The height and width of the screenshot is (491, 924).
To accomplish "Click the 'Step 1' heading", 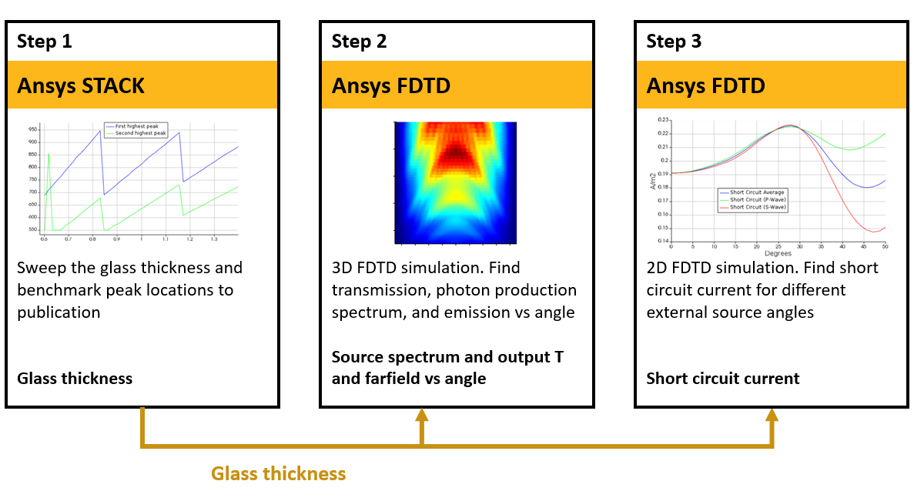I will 45,42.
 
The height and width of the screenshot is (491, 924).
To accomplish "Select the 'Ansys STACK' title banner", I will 81,85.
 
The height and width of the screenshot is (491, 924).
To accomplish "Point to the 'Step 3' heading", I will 674,42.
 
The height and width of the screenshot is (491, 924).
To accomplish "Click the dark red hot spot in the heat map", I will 456,153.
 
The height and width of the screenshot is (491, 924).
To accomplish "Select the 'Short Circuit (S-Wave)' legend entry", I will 758,207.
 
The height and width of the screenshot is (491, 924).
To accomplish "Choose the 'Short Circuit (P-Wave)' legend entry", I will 758,199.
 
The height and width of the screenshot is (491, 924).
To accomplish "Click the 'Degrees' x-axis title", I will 778,253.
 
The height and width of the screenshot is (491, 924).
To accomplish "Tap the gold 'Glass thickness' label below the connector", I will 279,473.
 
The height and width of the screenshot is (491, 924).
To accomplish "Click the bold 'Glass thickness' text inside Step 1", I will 75,378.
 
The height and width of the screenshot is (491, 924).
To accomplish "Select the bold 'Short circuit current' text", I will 723,378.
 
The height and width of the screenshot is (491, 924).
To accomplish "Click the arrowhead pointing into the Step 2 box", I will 421,416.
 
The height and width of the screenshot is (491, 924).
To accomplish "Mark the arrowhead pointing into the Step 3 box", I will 772,416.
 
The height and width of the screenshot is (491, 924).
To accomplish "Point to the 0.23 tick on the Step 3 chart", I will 663,120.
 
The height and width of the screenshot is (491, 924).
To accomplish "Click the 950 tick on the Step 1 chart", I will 32,130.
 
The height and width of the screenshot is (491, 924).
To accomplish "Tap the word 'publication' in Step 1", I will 59,312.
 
